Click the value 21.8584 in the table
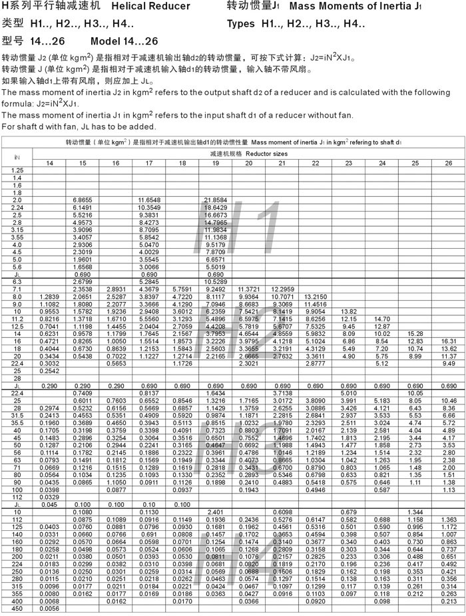pos(215,200)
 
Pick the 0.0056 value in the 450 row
pos(49,608)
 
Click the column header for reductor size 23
pos(348,163)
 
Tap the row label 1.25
pos(17,172)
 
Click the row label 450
pos(17,608)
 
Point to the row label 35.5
pos(17,422)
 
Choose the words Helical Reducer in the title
pos(145,7)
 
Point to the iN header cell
pos(17,158)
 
